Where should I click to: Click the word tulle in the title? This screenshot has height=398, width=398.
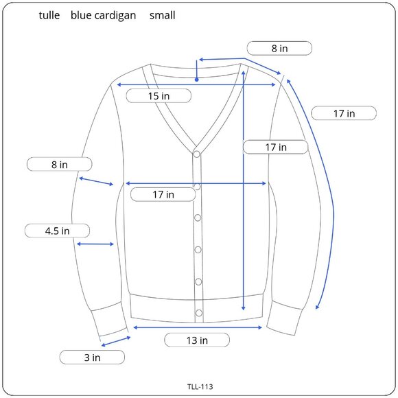(x=49, y=15)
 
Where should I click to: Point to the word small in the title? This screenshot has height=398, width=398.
(x=163, y=15)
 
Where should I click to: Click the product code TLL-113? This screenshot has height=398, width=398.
(x=199, y=386)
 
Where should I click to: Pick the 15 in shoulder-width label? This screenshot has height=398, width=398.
(x=159, y=96)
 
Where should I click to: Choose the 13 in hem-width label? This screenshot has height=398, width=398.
(x=198, y=340)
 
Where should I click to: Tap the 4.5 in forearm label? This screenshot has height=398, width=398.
(x=58, y=231)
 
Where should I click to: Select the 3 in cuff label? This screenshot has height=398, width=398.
(x=92, y=357)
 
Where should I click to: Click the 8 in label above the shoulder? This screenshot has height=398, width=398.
(x=279, y=48)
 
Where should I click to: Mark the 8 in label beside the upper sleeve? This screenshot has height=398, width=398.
(x=59, y=165)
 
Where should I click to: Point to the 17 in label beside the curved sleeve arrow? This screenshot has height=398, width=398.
(x=344, y=113)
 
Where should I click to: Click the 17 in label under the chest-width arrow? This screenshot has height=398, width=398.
(x=163, y=195)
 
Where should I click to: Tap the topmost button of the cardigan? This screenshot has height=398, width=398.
(x=196, y=154)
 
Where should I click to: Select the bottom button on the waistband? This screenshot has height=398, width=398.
(x=199, y=313)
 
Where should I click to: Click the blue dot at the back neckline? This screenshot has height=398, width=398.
(x=197, y=79)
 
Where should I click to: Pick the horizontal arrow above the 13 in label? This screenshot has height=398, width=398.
(x=198, y=327)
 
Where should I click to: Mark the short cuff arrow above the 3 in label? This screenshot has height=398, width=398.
(x=115, y=341)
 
